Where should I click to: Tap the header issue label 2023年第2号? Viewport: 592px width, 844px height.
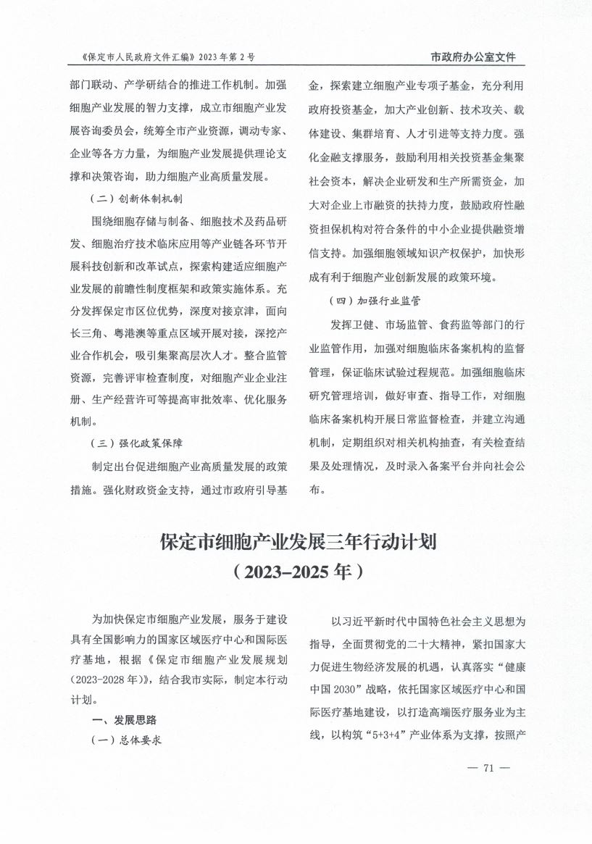[x=225, y=57]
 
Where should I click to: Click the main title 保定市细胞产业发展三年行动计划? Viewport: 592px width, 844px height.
[x=296, y=543]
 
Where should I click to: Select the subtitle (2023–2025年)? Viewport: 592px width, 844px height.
[x=295, y=572]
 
